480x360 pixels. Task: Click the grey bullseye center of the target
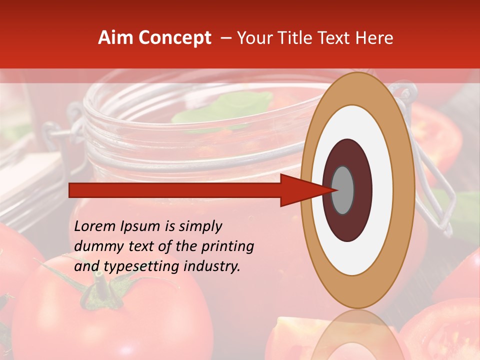(343, 190)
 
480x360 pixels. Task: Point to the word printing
(227, 247)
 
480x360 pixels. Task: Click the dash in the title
(226, 38)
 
